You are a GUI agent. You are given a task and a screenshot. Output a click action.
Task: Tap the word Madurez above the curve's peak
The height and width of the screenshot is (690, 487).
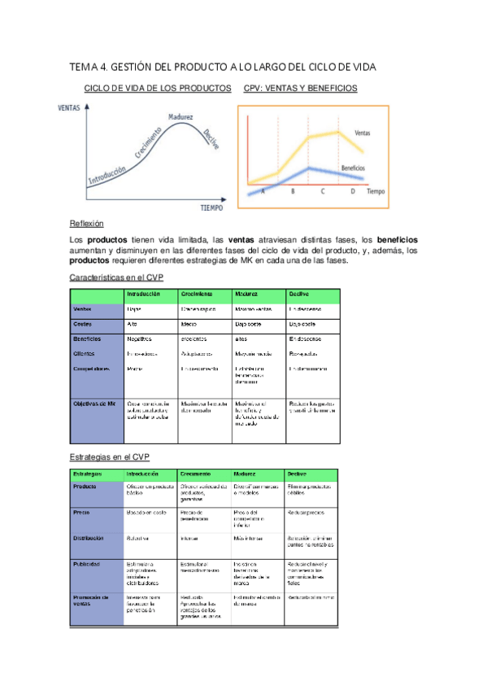180,117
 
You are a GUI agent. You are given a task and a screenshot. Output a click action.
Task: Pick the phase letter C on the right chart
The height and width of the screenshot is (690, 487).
323,192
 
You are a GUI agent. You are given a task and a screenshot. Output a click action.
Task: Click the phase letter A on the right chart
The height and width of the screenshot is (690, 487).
263,192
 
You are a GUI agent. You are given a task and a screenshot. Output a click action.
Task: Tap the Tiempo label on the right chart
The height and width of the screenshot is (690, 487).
376,192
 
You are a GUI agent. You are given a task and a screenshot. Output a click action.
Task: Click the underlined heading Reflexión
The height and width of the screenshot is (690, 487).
87,224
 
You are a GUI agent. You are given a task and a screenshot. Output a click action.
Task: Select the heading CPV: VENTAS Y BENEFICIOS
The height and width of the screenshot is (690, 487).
300,88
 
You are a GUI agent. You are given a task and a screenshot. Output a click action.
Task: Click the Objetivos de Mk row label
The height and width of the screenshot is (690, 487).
93,404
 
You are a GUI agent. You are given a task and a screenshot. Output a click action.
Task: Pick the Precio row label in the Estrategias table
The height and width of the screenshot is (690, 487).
82,513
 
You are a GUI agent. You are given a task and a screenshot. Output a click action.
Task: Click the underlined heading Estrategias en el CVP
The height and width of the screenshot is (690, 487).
110,456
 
